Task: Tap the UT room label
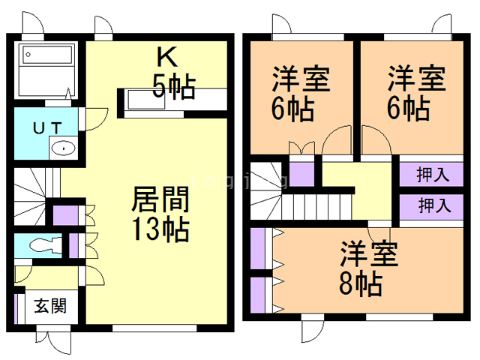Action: click(x=47, y=128)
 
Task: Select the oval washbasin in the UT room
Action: click(x=64, y=148)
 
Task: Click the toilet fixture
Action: click(x=46, y=245)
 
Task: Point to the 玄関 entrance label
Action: click(x=50, y=306)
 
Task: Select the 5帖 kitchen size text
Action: click(x=174, y=86)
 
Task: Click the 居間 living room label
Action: click(x=160, y=199)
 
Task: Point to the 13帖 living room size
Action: click(x=160, y=229)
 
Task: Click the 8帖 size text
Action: click(x=361, y=284)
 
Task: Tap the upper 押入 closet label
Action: click(x=433, y=175)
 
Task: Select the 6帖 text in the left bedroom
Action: click(x=292, y=109)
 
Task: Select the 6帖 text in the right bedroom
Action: click(x=408, y=108)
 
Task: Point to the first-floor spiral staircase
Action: click(x=30, y=196)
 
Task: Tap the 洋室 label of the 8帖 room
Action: click(x=370, y=254)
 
